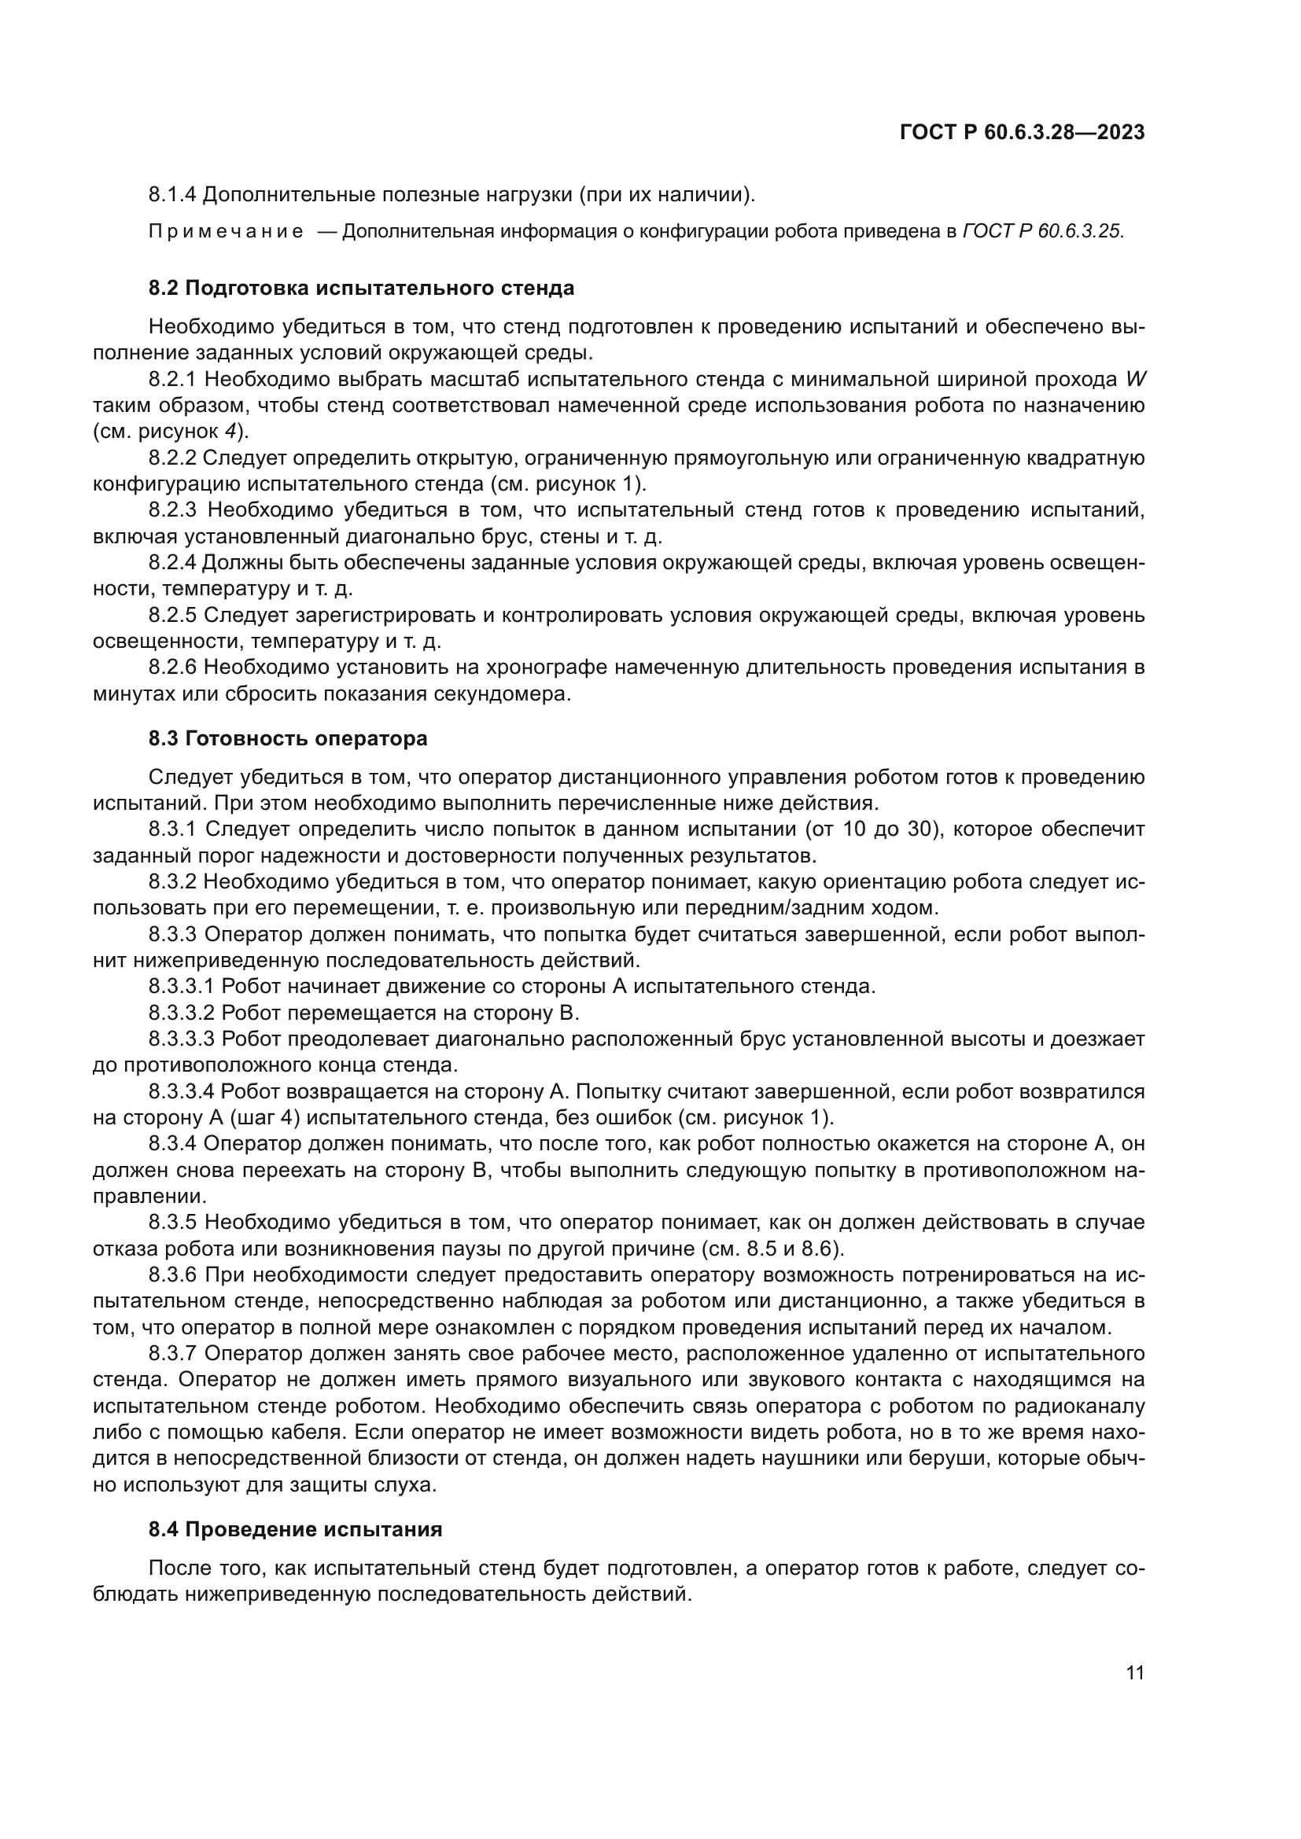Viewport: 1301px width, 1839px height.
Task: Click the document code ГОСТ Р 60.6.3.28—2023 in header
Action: (1022, 132)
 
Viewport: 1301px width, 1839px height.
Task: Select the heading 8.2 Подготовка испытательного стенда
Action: (361, 289)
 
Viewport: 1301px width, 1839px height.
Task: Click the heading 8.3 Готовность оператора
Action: (288, 738)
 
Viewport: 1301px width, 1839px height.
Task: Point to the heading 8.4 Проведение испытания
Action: (295, 1529)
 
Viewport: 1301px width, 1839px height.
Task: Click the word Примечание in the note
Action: (226, 232)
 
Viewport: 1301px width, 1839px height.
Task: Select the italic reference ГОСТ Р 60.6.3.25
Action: (1041, 232)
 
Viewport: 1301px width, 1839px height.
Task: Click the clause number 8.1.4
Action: (172, 194)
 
